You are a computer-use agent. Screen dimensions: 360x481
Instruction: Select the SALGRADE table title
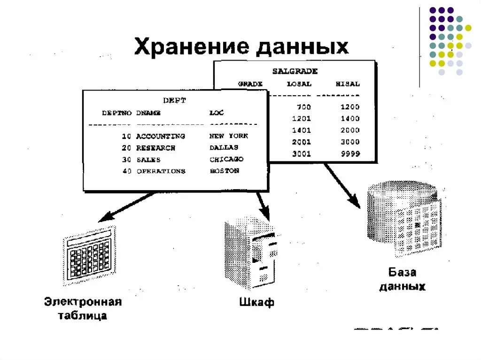(295, 71)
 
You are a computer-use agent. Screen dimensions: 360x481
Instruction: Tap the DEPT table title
(174, 100)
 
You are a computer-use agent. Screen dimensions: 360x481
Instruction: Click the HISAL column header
(348, 84)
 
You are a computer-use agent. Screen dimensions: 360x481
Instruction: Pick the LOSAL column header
(299, 84)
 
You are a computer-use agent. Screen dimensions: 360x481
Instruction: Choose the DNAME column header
(148, 113)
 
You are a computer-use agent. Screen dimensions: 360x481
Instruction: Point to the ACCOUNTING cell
(161, 136)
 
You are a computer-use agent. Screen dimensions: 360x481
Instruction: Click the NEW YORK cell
(229, 136)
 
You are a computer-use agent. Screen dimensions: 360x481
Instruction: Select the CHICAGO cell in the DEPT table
(226, 160)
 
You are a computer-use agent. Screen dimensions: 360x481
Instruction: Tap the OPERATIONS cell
(161, 171)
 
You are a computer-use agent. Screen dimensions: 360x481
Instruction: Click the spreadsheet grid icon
(90, 256)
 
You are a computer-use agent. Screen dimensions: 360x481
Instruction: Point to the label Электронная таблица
(83, 308)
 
